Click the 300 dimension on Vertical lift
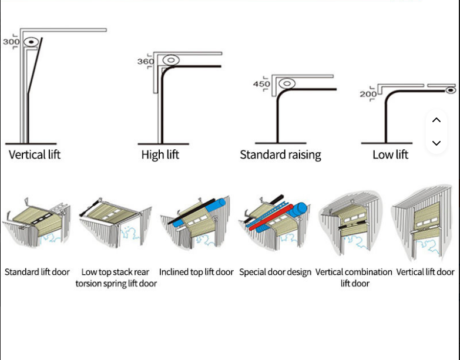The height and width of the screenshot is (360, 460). click(x=11, y=42)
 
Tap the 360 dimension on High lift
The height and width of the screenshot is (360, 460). click(x=146, y=62)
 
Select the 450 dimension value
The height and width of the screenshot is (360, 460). click(x=261, y=84)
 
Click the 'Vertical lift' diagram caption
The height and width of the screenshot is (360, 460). click(x=35, y=155)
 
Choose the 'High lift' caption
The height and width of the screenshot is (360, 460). click(x=160, y=155)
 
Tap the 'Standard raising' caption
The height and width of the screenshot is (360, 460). click(x=280, y=155)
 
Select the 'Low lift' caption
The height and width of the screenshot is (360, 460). click(x=390, y=155)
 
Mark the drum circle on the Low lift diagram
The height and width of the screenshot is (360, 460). click(x=450, y=90)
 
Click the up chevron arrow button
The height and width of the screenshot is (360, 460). click(x=436, y=120)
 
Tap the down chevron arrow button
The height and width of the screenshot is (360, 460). click(x=436, y=143)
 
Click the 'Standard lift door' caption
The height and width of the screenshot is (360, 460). click(x=37, y=272)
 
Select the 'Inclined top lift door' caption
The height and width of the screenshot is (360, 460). click(x=196, y=272)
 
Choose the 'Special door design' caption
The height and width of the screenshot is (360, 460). click(x=275, y=272)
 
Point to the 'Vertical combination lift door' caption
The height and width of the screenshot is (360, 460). click(x=354, y=278)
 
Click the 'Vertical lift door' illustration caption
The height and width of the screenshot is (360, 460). click(x=425, y=272)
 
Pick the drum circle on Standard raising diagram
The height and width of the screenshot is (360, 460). click(x=287, y=83)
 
